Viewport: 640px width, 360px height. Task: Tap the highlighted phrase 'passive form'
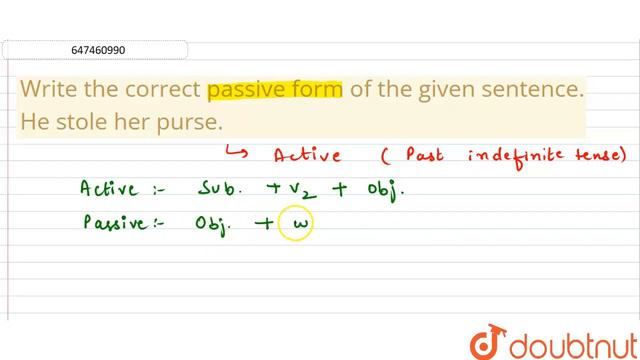[x=275, y=89]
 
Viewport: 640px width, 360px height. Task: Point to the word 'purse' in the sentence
[x=190, y=121]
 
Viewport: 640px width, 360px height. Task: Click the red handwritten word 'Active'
[x=307, y=156]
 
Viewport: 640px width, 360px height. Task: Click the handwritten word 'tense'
[x=597, y=155]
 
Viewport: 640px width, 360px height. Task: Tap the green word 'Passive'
[x=116, y=225]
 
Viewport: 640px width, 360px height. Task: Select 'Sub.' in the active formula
[x=221, y=189]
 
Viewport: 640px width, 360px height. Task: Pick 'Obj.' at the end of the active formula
[x=384, y=189]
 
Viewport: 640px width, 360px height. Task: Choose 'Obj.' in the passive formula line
[x=217, y=225]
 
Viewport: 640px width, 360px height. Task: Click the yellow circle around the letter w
[x=297, y=225]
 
